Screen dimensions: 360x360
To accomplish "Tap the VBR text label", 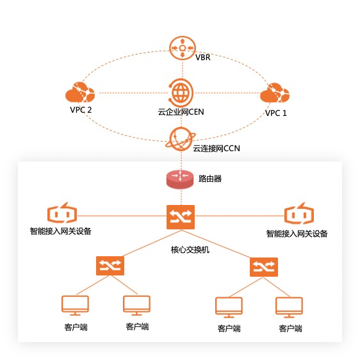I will (x=203, y=57).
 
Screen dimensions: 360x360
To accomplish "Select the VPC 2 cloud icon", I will (x=81, y=93).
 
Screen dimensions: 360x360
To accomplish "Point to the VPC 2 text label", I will (x=81, y=110).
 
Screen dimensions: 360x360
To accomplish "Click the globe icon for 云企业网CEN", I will (x=181, y=92).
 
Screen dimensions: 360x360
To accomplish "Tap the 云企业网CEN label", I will (x=181, y=113).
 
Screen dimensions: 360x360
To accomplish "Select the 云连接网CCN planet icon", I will (x=181, y=137).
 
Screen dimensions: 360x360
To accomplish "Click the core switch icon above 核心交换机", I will (x=181, y=217).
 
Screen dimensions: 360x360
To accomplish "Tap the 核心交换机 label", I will (x=190, y=249).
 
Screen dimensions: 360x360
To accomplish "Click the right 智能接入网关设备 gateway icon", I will (x=299, y=215).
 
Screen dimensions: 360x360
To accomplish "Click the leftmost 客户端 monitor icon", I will (x=74, y=306).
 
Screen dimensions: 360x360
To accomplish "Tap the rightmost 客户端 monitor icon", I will (x=290, y=308).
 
